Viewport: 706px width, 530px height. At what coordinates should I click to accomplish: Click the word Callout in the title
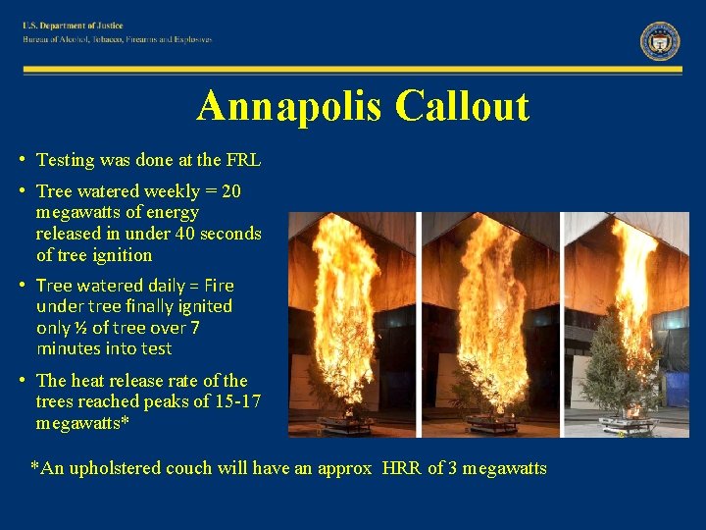(463, 106)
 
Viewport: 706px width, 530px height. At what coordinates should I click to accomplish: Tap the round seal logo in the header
(660, 40)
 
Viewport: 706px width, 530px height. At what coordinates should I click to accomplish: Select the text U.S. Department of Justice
(74, 26)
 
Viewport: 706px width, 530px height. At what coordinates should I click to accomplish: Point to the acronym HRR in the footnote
(399, 468)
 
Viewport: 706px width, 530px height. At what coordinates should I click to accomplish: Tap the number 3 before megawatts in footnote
(449, 468)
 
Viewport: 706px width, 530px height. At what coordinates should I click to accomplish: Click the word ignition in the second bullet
(124, 255)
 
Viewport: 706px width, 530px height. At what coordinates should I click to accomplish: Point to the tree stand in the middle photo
(490, 425)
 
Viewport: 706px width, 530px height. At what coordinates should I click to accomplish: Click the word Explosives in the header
(189, 39)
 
